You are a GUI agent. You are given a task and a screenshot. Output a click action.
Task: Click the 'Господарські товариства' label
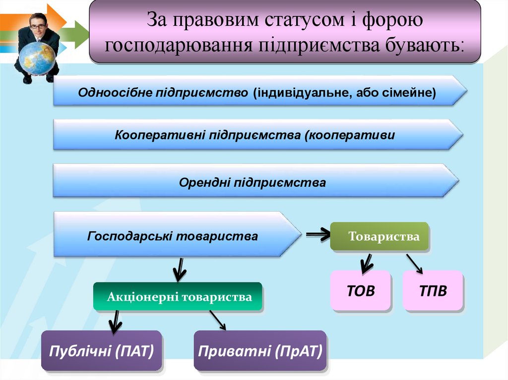pos(173,236)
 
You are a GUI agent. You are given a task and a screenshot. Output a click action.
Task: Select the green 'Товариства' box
pos(380,236)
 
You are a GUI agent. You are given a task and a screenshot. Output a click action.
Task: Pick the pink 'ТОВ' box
pos(361,290)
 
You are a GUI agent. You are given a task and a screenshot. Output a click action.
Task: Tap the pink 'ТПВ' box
pos(432,290)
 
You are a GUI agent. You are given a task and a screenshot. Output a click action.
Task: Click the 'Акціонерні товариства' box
pos(177,297)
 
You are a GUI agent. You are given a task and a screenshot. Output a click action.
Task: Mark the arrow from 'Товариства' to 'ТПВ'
pos(414,263)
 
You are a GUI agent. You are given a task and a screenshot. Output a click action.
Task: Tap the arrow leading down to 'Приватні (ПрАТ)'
pos(218,320)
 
